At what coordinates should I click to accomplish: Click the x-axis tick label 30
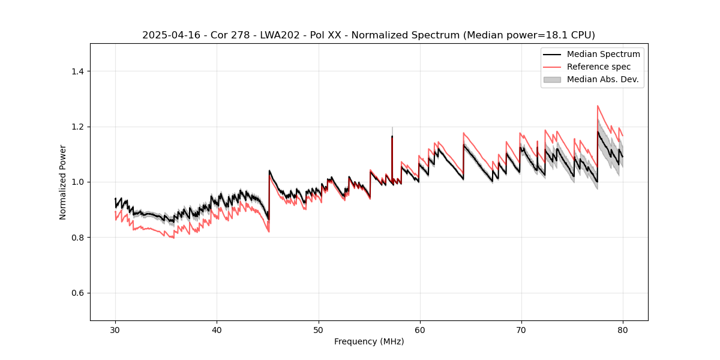pos(115,329)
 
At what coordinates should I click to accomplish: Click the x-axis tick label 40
pos(217,329)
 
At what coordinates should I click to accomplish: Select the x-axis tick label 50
pos(318,329)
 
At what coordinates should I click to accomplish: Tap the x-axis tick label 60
pos(419,329)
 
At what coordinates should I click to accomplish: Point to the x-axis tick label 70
pos(521,329)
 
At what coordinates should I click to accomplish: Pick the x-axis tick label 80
pos(622,329)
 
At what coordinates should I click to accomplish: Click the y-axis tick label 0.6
pos(77,293)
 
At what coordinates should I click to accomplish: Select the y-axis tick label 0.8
pos(77,238)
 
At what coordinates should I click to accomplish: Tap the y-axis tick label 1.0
pos(77,182)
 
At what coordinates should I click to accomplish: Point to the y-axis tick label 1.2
pos(77,127)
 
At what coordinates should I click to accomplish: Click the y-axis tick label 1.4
pos(77,71)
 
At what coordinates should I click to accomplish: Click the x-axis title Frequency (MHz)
pos(369,341)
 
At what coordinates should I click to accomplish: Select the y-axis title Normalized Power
pos(63,182)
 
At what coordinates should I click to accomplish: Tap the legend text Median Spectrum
pos(603,54)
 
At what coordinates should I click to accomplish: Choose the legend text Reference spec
pos(599,67)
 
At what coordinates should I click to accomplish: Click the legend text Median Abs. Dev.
pos(603,79)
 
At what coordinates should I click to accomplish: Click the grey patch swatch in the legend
pos(552,79)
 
